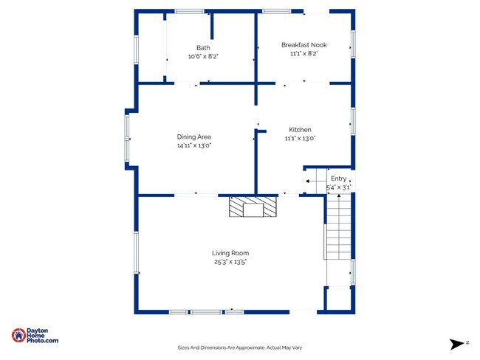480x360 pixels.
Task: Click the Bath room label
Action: click(203, 48)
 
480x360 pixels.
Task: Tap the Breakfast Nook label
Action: click(304, 45)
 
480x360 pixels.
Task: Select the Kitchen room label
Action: click(300, 130)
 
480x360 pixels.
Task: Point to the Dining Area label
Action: click(193, 136)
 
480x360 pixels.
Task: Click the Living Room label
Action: click(230, 253)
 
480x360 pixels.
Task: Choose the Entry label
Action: click(338, 179)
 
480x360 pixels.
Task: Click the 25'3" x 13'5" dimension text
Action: click(230, 262)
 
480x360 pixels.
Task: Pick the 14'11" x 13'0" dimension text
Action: click(194, 145)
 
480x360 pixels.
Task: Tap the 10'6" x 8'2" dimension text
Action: click(203, 56)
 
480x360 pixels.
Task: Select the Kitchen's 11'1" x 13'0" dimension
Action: click(300, 138)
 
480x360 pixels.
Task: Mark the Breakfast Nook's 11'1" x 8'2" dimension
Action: click(304, 54)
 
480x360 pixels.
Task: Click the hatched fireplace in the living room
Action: click(253, 207)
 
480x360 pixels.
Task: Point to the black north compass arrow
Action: click(456, 344)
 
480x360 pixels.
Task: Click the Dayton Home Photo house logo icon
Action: click(18, 335)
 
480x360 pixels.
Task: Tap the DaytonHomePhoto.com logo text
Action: click(42, 336)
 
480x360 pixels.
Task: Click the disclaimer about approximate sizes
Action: click(240, 347)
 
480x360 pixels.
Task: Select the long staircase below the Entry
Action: click(338, 226)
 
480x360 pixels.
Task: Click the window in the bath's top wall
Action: click(190, 11)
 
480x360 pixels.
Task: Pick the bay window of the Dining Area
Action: click(127, 138)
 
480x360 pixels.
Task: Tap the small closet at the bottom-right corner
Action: click(339, 299)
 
